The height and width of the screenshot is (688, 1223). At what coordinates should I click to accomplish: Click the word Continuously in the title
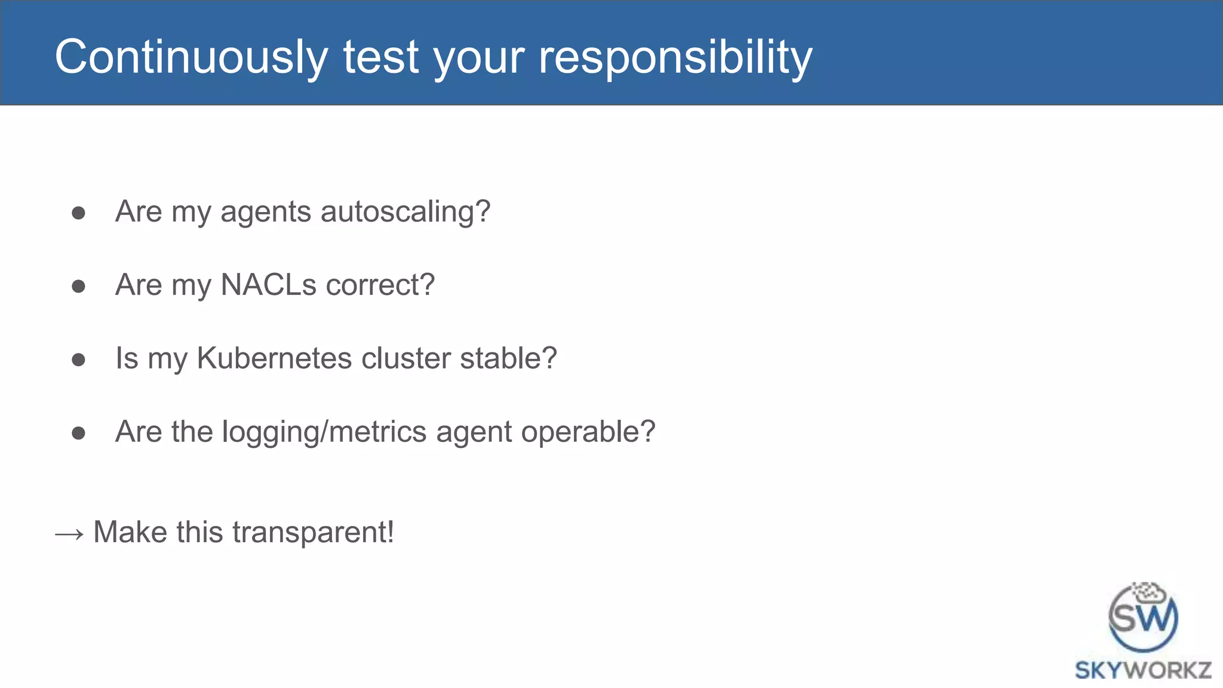191,57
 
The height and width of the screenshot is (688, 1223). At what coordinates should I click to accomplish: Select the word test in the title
380,57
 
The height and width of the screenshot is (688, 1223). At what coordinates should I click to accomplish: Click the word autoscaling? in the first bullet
405,212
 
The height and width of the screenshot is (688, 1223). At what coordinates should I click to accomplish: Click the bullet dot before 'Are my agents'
78,213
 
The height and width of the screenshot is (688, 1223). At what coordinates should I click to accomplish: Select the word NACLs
268,285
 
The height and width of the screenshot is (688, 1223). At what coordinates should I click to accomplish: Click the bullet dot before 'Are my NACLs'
78,287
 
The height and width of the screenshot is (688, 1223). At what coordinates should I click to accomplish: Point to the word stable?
508,358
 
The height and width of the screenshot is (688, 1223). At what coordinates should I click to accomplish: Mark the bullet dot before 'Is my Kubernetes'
78,360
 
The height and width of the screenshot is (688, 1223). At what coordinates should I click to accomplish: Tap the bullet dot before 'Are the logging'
78,434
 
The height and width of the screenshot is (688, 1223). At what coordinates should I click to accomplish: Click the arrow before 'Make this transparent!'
69,533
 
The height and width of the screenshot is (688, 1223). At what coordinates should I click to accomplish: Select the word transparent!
313,532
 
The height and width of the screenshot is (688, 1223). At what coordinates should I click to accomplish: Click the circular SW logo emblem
1143,618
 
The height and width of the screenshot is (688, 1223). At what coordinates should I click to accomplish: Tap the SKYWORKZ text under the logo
1143,670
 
